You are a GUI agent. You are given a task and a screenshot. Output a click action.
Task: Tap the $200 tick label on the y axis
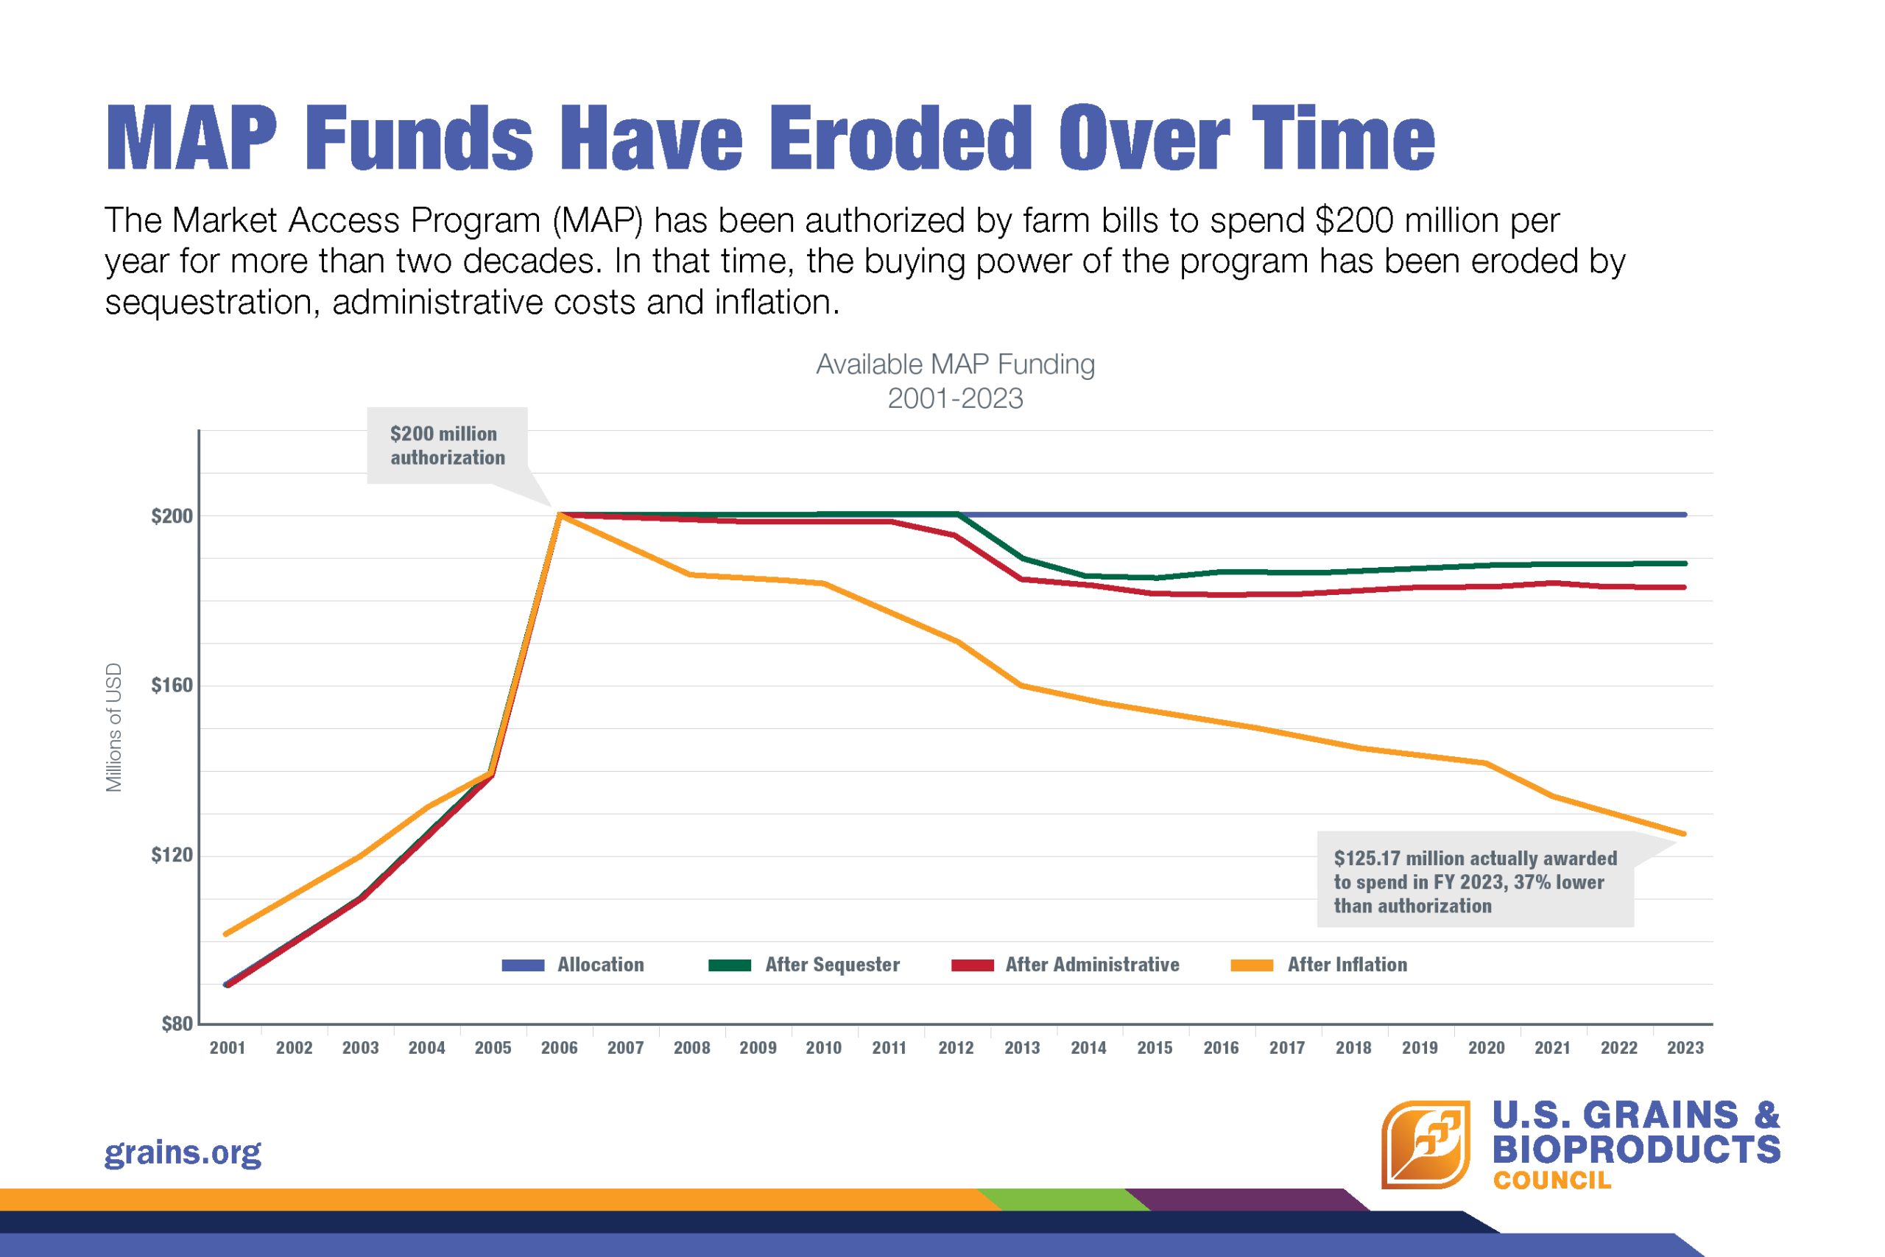172,516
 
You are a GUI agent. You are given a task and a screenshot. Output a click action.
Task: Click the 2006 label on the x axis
559,1048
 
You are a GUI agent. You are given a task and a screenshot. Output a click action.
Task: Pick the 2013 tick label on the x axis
1022,1048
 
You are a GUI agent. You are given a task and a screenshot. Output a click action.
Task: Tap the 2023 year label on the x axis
1685,1048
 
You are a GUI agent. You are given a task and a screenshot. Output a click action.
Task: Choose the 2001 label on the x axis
228,1048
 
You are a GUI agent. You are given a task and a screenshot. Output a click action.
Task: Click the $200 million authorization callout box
447,446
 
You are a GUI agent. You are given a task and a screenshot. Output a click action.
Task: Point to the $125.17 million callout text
1475,882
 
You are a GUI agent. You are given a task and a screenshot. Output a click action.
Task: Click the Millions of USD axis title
114,727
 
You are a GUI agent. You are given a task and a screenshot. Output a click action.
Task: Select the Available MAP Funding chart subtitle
954,365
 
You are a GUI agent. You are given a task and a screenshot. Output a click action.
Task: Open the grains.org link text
183,1152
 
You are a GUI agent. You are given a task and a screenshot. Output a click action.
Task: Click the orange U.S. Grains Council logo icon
1425,1144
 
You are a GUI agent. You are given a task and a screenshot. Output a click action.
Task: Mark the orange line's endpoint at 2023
1684,834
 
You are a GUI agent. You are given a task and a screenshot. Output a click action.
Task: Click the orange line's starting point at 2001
226,934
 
